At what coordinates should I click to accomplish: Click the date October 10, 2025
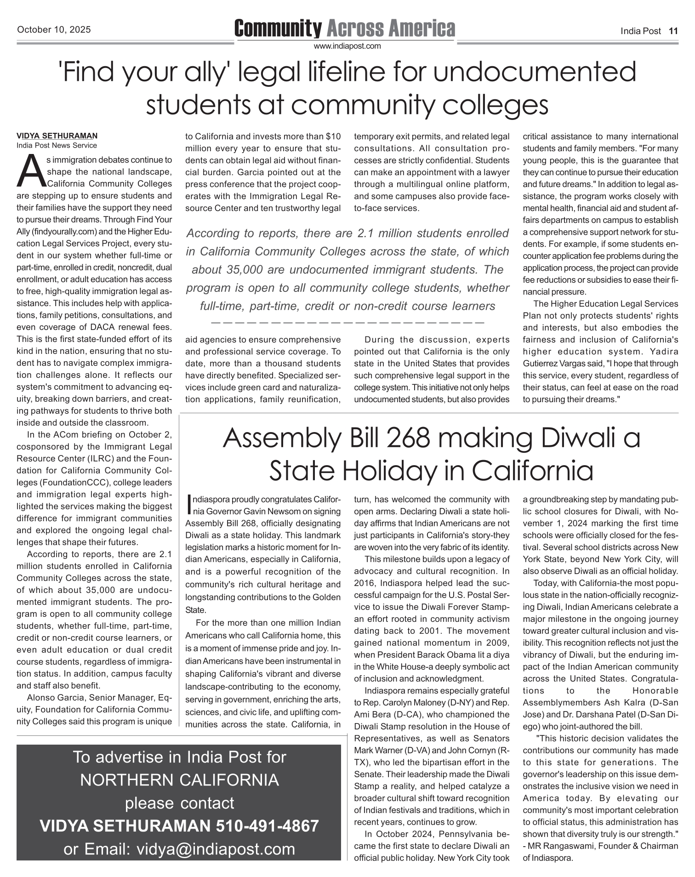pyautogui.click(x=54, y=30)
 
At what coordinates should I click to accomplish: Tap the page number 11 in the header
pyautogui.click(x=673, y=31)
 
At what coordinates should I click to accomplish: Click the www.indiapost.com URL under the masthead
pyautogui.click(x=347, y=46)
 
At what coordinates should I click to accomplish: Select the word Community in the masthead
pyautogui.click(x=278, y=28)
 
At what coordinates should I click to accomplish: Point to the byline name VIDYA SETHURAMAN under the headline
pyautogui.click(x=57, y=136)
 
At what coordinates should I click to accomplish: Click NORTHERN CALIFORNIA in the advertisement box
pyautogui.click(x=179, y=780)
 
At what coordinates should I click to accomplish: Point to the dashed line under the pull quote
pyautogui.click(x=347, y=322)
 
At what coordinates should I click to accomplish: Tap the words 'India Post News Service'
pyautogui.click(x=57, y=146)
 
